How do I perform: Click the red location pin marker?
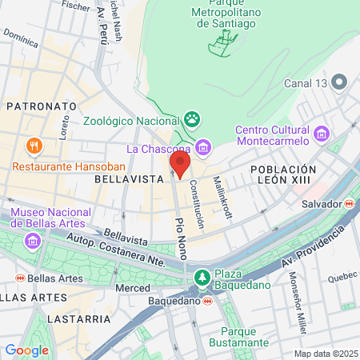pyautogui.click(x=180, y=163)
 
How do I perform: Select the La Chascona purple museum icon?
pyautogui.click(x=204, y=147)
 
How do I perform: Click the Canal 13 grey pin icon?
pyautogui.click(x=338, y=82)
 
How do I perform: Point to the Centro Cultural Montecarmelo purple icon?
pyautogui.click(x=322, y=131)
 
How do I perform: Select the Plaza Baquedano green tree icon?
pyautogui.click(x=202, y=277)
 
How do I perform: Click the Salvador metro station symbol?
pyautogui.click(x=349, y=204)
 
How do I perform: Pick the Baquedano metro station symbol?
pyautogui.click(x=207, y=301)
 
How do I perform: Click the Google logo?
pyautogui.click(x=26, y=350)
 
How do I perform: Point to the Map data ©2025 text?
pyautogui.click(x=326, y=354)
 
